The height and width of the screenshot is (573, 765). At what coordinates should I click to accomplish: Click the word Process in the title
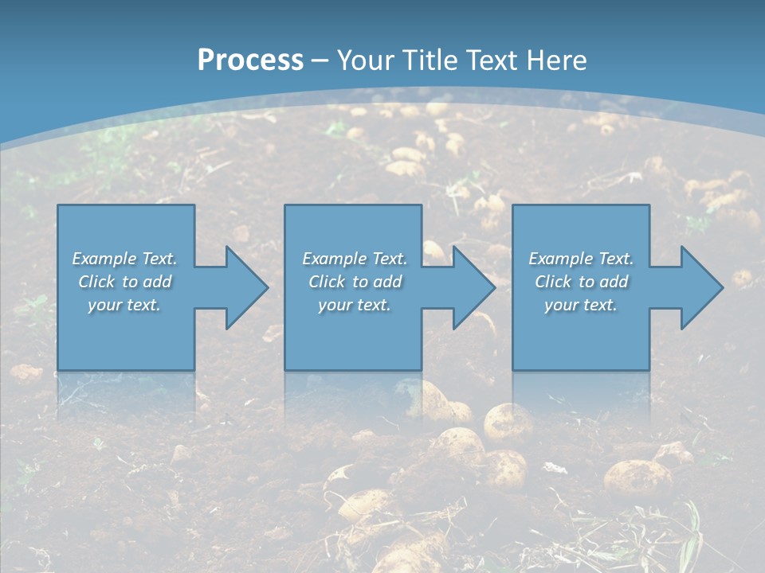(250, 60)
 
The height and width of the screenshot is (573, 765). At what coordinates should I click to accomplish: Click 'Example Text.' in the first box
(124, 259)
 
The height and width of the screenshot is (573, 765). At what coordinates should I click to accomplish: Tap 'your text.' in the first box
(124, 305)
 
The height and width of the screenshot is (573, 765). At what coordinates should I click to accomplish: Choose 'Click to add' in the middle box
(355, 282)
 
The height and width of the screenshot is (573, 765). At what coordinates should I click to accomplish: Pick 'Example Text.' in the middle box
(355, 259)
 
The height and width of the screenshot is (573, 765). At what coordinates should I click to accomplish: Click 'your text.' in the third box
(581, 305)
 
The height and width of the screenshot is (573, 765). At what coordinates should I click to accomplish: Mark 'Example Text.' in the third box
(581, 259)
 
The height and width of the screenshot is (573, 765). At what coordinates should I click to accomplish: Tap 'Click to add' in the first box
(124, 282)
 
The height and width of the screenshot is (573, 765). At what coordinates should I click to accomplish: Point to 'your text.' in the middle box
(355, 305)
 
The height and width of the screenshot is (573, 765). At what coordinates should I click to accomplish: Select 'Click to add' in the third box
(581, 282)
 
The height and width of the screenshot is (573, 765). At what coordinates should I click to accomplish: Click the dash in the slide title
(320, 60)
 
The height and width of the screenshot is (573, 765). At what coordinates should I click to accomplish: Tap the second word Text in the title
(490, 60)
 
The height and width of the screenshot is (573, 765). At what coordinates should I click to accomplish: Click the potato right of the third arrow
(742, 279)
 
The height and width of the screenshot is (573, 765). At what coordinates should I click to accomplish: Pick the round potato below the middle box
(507, 420)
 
